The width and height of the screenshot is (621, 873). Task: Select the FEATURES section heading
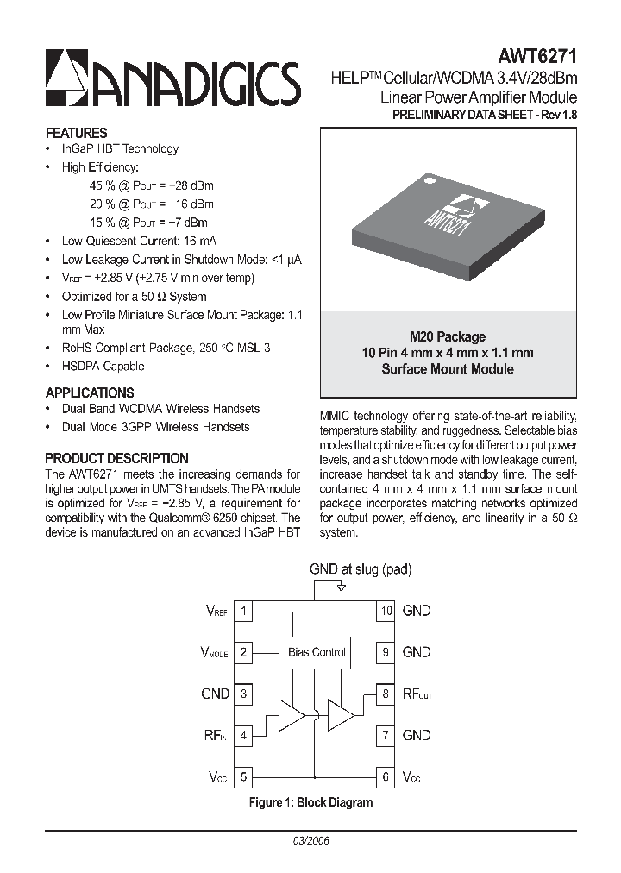coord(76,133)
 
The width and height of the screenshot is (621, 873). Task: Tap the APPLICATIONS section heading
coord(89,392)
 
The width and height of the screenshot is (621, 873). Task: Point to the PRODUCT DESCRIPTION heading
coord(116,458)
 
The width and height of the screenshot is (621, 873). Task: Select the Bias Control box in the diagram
coord(317,652)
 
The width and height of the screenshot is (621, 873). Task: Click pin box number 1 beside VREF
coord(244,611)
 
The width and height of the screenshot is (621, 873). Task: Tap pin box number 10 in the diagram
coord(386,611)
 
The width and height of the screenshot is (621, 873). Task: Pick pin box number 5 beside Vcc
coord(244,776)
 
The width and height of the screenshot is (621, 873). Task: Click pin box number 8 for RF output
coord(386,694)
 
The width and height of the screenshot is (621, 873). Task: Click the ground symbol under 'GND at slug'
coord(342,587)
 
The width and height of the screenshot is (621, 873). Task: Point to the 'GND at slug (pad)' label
coord(361,568)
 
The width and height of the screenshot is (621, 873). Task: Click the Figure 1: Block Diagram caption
coord(310,802)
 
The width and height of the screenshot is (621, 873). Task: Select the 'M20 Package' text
coord(447,336)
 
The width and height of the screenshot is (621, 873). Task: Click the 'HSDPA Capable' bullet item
coord(103,366)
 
